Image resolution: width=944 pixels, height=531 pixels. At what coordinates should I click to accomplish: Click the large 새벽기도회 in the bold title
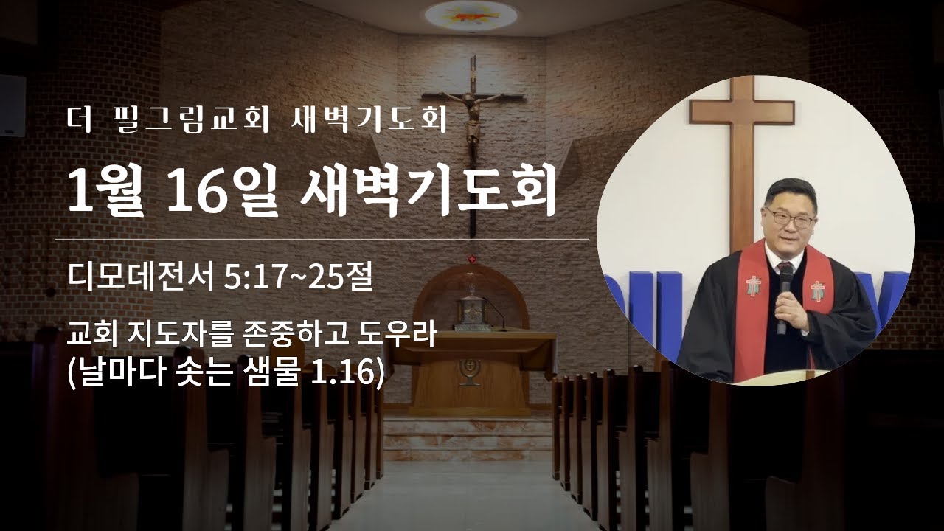click(428, 192)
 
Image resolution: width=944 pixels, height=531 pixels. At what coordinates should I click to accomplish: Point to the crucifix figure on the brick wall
click(473, 122)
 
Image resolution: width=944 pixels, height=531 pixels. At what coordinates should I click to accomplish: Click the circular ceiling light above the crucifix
click(471, 13)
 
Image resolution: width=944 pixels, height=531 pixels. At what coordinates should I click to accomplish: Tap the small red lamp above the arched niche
click(471, 258)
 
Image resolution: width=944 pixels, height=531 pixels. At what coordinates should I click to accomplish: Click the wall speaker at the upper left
click(13, 105)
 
